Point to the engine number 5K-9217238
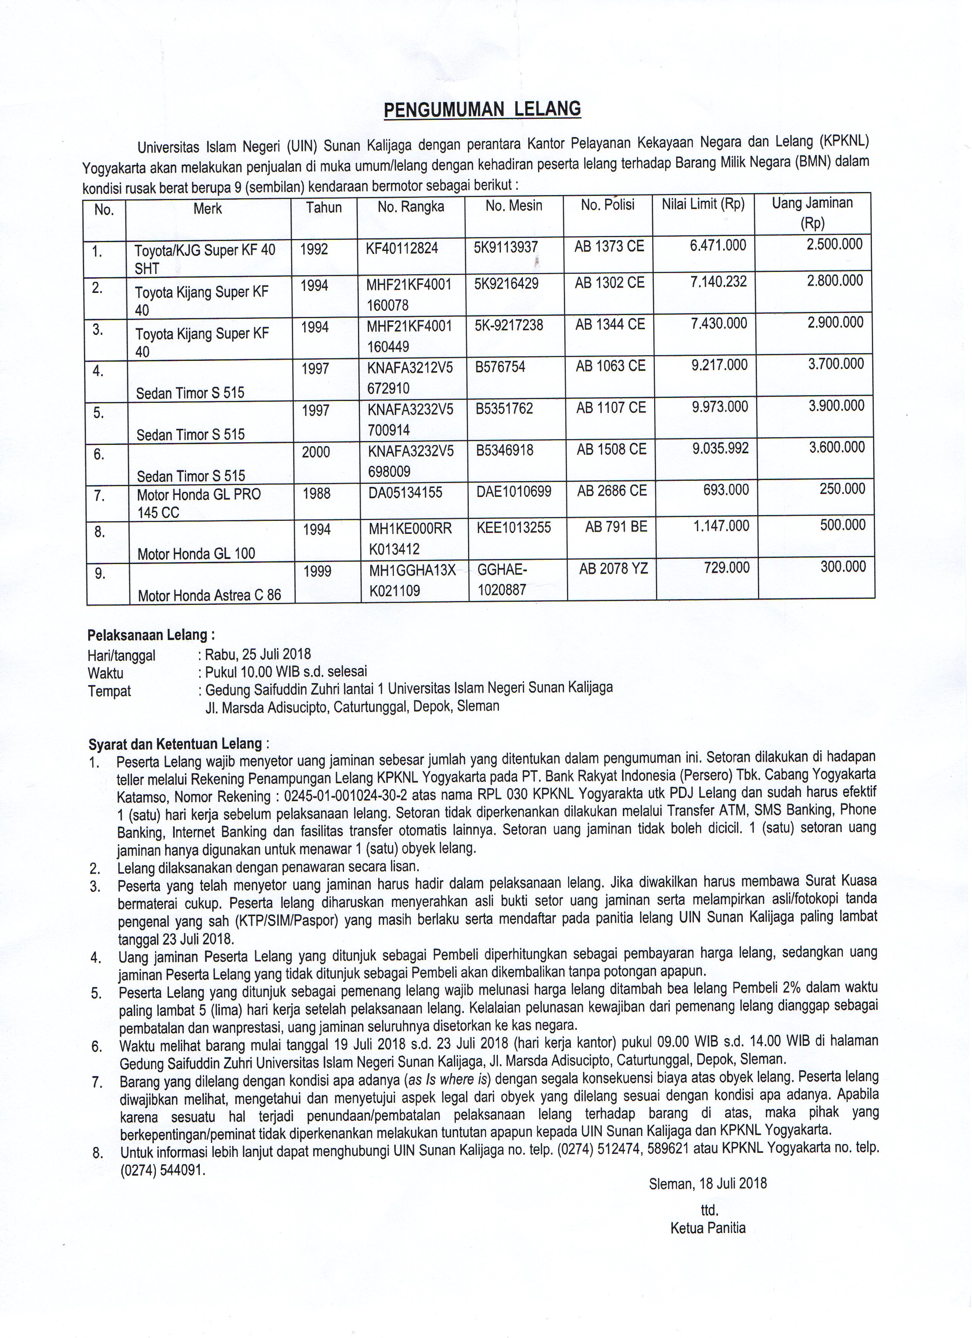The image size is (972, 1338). click(x=509, y=325)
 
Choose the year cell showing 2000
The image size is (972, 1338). click(x=316, y=452)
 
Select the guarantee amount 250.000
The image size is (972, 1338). click(x=842, y=489)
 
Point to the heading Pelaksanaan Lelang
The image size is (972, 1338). click(x=151, y=635)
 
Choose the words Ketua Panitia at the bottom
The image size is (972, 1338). click(x=708, y=1228)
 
